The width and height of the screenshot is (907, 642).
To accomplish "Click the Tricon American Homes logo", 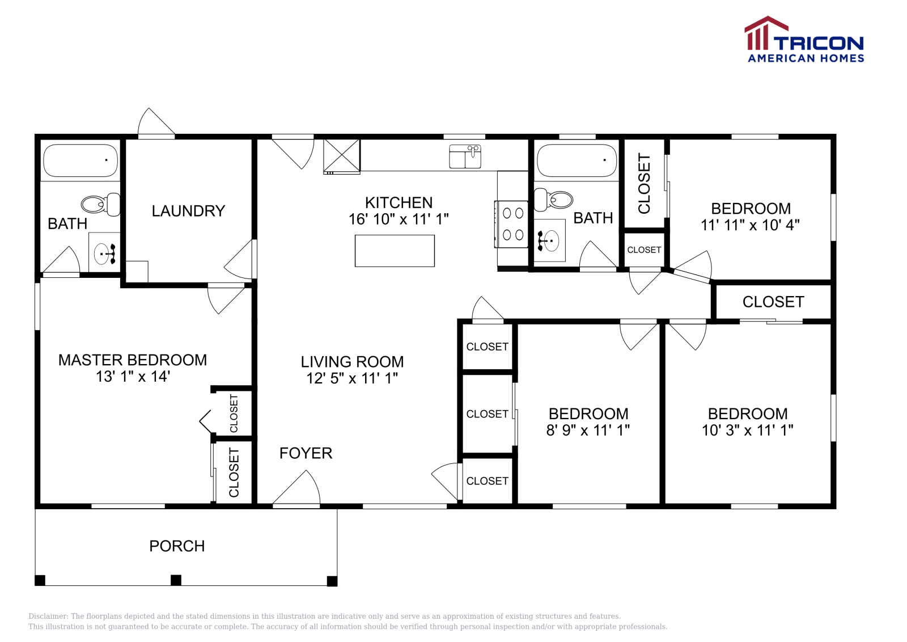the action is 804,39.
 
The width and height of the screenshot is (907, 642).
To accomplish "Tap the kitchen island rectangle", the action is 395,251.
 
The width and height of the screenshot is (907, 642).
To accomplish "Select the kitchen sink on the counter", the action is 465,157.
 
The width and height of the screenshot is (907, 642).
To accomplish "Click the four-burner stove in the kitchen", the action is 512,224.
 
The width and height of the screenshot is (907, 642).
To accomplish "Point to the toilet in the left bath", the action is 101,204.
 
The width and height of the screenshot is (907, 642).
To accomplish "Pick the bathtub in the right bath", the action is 577,160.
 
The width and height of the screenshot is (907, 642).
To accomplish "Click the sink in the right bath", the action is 549,240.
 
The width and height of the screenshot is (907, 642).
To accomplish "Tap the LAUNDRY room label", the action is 188,211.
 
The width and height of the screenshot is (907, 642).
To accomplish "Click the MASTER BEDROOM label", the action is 133,360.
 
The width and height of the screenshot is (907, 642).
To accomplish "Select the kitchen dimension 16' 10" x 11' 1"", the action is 399,219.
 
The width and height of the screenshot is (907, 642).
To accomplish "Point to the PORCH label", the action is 177,546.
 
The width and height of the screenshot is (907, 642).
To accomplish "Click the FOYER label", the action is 306,453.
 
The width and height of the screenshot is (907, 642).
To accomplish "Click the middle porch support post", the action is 176,580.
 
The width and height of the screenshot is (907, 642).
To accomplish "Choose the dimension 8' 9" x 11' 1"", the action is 588,430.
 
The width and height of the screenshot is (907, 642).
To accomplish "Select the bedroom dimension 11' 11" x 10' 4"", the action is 751,225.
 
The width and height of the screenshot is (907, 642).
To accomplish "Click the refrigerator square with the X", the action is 342,155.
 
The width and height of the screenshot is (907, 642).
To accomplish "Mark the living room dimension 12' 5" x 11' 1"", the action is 352,378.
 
